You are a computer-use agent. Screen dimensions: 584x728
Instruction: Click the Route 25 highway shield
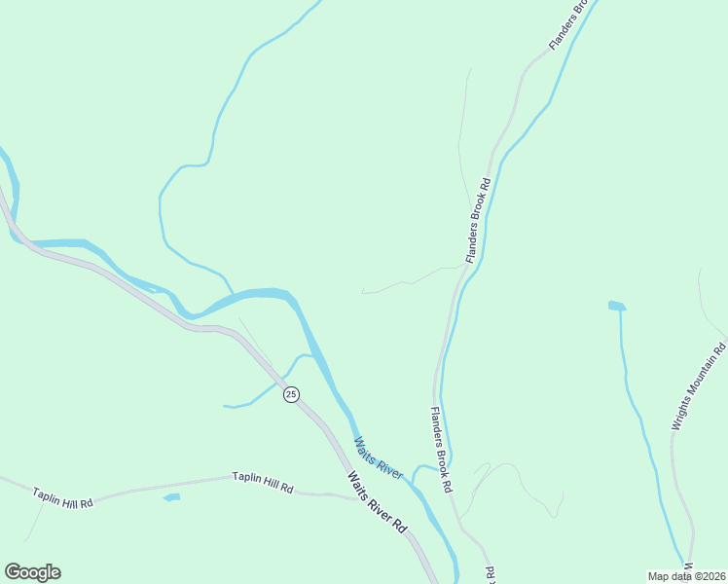(x=291, y=394)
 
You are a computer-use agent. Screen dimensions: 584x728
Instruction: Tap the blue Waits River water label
(x=379, y=457)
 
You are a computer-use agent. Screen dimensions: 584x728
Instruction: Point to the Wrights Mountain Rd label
(x=700, y=386)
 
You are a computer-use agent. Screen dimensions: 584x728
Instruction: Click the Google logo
(x=32, y=572)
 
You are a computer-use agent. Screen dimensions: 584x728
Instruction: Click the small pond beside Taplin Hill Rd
(x=172, y=497)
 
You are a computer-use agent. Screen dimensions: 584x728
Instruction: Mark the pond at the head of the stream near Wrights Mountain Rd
(x=616, y=306)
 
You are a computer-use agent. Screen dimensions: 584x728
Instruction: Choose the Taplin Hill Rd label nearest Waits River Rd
(x=263, y=482)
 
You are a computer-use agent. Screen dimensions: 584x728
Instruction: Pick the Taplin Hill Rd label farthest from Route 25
(x=62, y=496)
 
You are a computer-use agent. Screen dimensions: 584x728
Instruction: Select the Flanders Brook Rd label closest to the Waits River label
(x=441, y=449)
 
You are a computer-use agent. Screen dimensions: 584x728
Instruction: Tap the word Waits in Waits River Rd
(x=359, y=485)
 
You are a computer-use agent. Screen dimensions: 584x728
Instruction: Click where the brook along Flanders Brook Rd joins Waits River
(x=414, y=480)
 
